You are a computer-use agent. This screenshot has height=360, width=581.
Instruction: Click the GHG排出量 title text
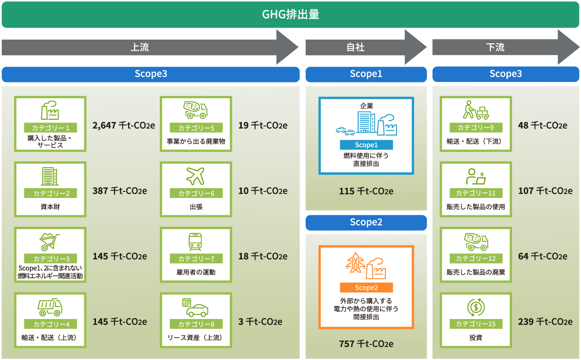click(x=290, y=14)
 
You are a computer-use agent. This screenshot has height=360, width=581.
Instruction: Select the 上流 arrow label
click(x=139, y=47)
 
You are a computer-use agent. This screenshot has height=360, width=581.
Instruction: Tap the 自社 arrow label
click(x=355, y=47)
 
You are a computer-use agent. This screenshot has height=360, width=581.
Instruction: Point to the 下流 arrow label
click(x=495, y=47)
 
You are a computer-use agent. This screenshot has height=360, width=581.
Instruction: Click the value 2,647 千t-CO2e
click(x=123, y=125)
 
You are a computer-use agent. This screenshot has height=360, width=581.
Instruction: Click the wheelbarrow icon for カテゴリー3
click(x=50, y=241)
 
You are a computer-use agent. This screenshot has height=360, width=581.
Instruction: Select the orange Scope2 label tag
click(x=366, y=288)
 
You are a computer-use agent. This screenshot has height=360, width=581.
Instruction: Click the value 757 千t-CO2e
click(x=366, y=344)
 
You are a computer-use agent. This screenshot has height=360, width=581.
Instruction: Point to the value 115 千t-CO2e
click(x=366, y=191)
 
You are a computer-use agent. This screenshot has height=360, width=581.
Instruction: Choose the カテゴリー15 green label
click(x=476, y=324)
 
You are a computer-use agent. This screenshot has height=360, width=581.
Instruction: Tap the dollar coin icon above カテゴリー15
click(x=476, y=307)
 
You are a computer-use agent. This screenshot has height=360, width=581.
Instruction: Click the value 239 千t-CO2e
click(x=545, y=322)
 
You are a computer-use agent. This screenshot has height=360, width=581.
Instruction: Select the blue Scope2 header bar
click(x=366, y=223)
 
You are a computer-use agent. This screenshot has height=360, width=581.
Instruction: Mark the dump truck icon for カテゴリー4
click(x=50, y=307)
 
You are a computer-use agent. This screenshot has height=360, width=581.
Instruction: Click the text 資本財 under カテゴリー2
click(x=50, y=207)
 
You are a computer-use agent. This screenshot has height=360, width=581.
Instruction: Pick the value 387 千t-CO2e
click(x=120, y=191)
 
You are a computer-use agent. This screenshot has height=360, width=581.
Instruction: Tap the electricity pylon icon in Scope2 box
click(x=355, y=263)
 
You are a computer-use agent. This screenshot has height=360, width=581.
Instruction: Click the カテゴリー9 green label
click(x=476, y=128)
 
